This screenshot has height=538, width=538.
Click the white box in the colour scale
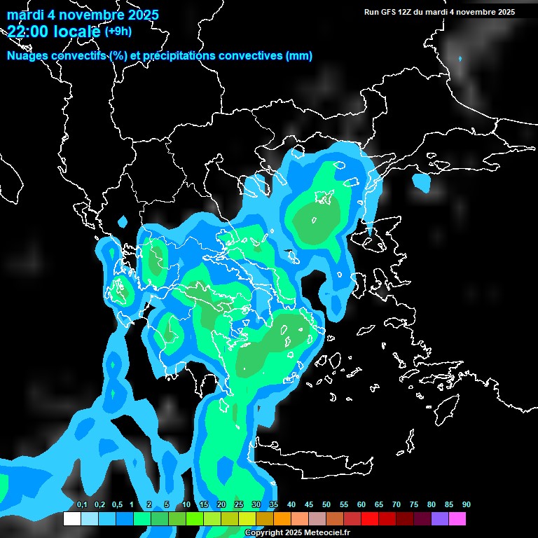pyautogui.click(x=71, y=519)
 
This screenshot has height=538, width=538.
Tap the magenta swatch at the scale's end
pyautogui.click(x=457, y=519)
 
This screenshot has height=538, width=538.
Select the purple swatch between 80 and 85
pyautogui.click(x=440, y=519)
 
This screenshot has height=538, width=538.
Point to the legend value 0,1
pyautogui.click(x=82, y=505)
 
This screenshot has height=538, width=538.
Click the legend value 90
pyautogui.click(x=467, y=505)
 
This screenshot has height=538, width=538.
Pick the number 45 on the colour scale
pyautogui.click(x=309, y=505)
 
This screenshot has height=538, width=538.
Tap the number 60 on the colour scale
pyautogui.click(x=361, y=505)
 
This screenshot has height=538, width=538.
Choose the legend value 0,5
pyautogui.click(x=117, y=505)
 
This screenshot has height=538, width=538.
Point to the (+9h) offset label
pyautogui.click(x=118, y=31)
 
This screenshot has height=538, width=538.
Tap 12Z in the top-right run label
pyautogui.click(x=408, y=12)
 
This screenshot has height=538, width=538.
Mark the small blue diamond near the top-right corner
pyautogui.click(x=460, y=59)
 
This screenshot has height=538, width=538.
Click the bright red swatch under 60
pyautogui.click(x=370, y=519)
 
